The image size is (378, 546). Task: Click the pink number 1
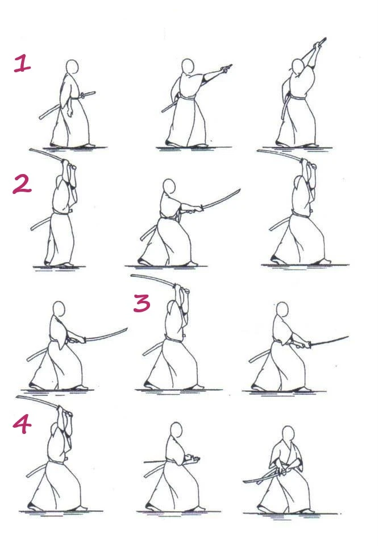22,63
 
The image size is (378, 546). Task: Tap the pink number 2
22,184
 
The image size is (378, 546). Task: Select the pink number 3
142,303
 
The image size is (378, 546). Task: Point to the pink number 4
22,424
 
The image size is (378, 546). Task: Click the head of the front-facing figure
288,434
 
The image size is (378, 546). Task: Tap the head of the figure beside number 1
72,67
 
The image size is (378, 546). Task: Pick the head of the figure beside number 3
173,309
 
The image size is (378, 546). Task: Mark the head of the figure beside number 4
55,430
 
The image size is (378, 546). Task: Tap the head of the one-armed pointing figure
188,66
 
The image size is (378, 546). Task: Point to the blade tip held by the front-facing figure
244,482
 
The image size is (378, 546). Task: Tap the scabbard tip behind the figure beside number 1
40,117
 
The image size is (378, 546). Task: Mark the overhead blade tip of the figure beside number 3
132,276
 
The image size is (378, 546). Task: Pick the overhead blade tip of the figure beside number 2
31,150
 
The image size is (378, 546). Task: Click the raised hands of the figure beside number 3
181,289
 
